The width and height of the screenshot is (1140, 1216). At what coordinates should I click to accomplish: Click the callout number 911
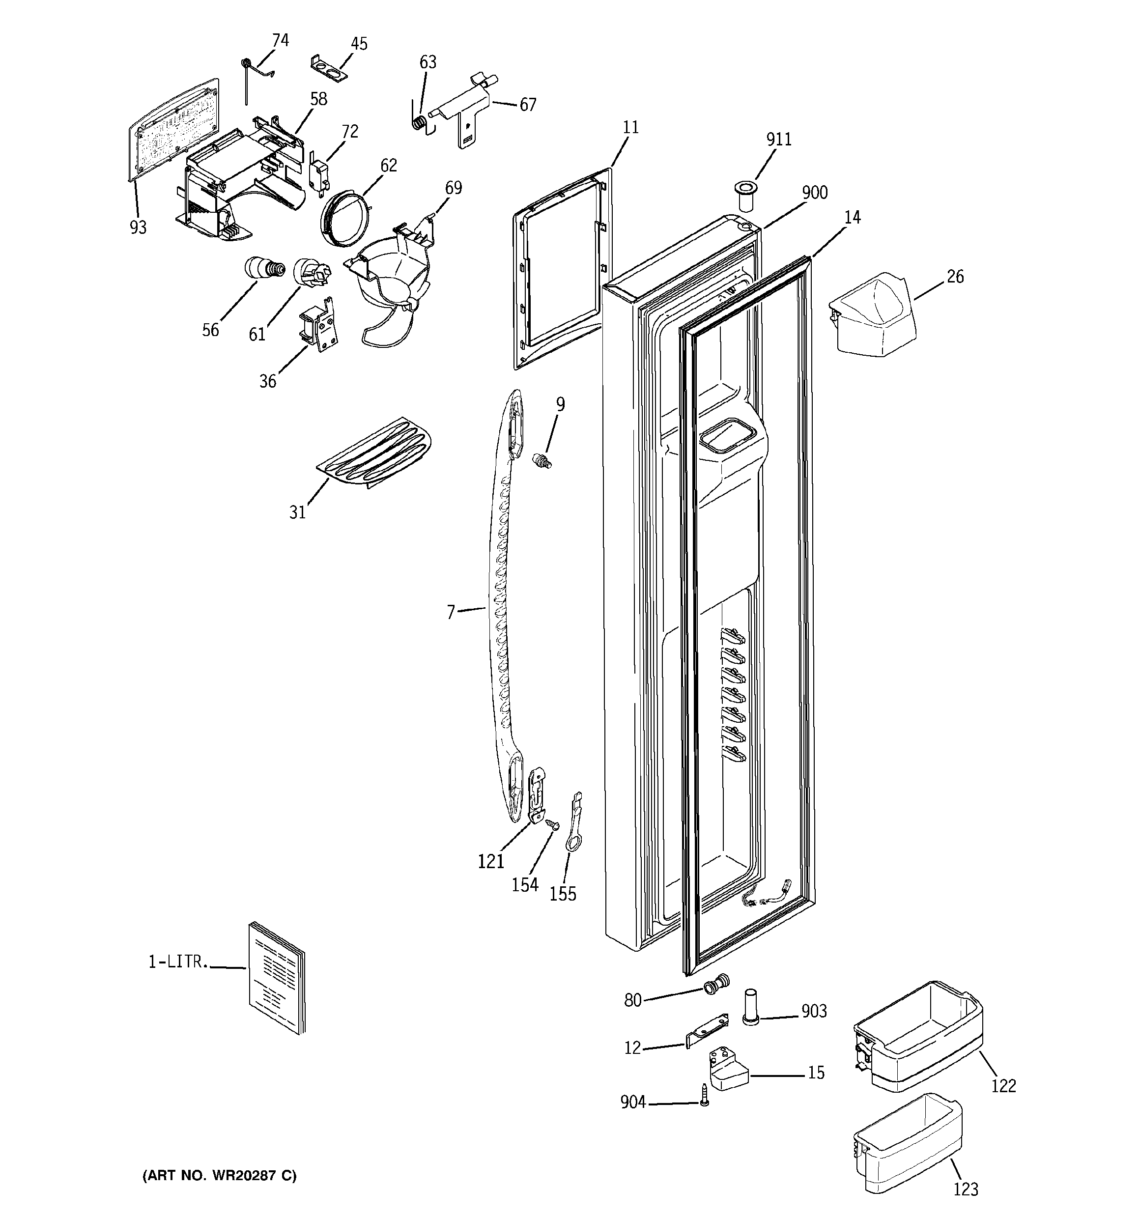(779, 140)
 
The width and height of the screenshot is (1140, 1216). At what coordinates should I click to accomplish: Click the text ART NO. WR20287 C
(219, 1176)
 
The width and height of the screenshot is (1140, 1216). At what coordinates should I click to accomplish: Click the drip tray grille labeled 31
(375, 452)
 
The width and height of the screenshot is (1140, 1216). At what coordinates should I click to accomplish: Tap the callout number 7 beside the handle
(451, 612)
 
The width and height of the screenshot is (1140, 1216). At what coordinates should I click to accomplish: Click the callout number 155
(562, 894)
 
